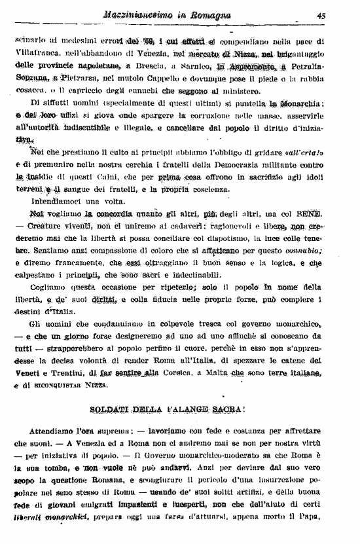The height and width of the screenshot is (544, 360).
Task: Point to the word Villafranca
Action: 38,52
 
